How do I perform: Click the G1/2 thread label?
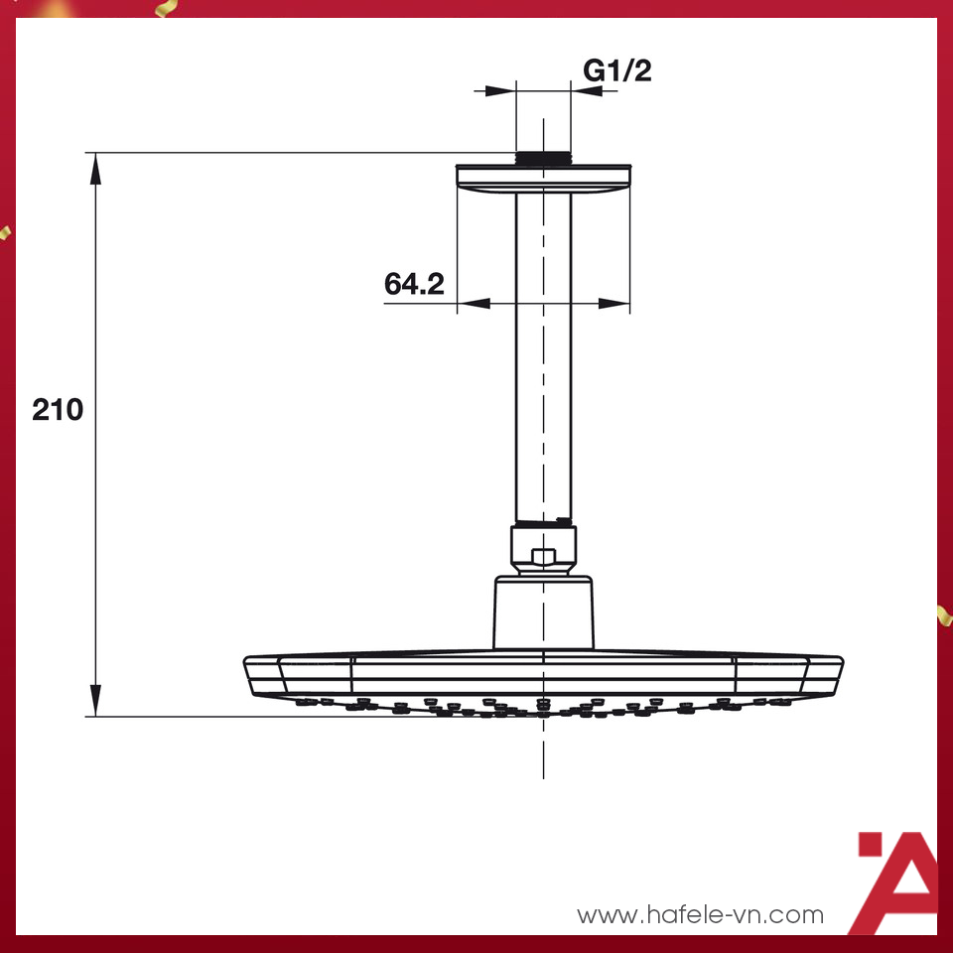pos(616,70)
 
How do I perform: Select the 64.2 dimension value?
pos(414,284)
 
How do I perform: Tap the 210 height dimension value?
pos(58,409)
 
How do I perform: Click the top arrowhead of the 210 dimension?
pos(96,168)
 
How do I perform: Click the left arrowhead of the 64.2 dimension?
pos(473,303)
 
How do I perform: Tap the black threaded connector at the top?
pos(543,158)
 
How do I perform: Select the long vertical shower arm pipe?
pos(543,357)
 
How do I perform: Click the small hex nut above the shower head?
pos(543,556)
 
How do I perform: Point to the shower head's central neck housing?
pos(543,613)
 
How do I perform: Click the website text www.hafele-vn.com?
pos(701,914)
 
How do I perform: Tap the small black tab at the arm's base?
pos(564,520)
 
